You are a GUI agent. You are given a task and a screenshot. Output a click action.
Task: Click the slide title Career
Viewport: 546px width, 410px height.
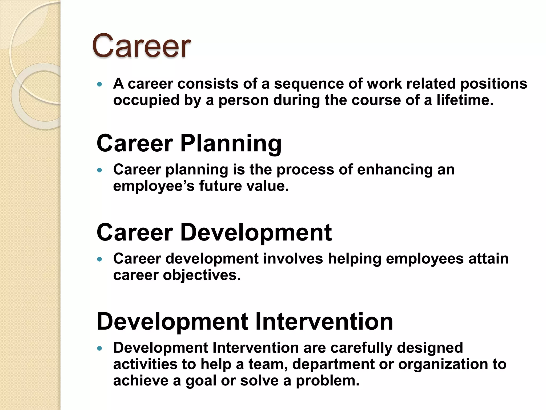141,46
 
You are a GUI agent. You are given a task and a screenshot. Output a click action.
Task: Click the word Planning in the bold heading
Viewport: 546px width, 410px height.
231,144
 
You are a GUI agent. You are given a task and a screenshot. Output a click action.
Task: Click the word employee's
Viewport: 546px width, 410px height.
154,186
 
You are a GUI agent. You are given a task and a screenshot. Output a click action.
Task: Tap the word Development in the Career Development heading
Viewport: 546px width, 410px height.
256,232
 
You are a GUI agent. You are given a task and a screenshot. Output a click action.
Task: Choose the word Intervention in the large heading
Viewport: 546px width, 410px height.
324,321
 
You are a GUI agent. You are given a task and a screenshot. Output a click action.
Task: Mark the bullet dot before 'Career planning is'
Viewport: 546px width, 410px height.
100,170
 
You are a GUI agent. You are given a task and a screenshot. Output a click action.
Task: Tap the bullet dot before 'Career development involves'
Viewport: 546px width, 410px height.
100,259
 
